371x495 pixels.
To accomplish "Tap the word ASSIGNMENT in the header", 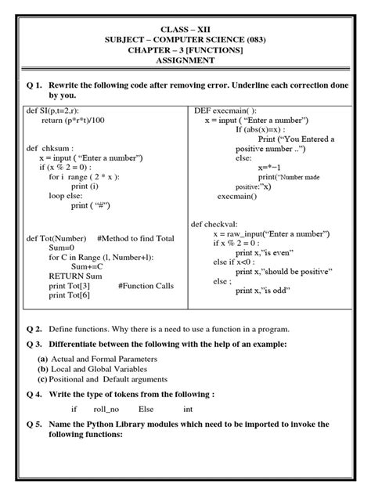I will coord(185,60).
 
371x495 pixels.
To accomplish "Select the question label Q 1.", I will coord(34,82).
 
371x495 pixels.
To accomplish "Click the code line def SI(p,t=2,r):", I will coord(56,112).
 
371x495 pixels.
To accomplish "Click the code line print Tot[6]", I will coord(68,295).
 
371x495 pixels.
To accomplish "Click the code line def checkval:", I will coord(215,223).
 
